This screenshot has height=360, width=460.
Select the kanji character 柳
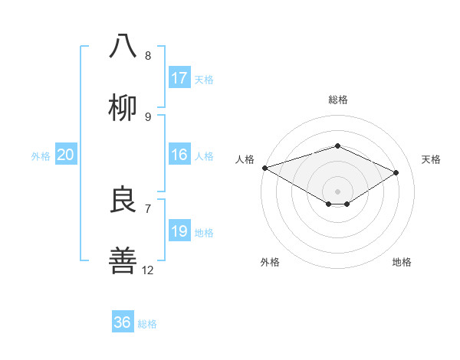click(x=123, y=108)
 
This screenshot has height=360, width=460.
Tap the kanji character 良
click(x=123, y=199)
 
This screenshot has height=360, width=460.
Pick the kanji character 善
click(x=123, y=260)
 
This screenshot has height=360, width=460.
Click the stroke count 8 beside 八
click(x=148, y=56)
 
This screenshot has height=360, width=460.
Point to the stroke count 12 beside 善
click(x=148, y=270)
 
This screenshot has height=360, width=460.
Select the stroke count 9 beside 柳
click(x=148, y=117)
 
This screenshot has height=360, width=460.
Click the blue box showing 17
click(x=179, y=78)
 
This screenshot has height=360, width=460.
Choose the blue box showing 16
click(x=179, y=155)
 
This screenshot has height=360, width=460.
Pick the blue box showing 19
click(x=179, y=231)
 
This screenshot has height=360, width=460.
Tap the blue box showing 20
click(x=66, y=155)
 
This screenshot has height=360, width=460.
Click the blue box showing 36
click(x=123, y=322)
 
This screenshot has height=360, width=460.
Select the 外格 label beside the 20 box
click(x=41, y=156)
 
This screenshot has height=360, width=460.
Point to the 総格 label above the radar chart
click(x=337, y=100)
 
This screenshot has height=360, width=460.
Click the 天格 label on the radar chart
click(x=432, y=159)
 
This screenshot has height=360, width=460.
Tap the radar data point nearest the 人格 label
click(x=264, y=168)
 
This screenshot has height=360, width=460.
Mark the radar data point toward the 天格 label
click(x=396, y=172)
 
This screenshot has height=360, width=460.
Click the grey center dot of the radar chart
click(x=337, y=190)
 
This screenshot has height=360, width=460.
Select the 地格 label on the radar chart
click(x=402, y=263)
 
